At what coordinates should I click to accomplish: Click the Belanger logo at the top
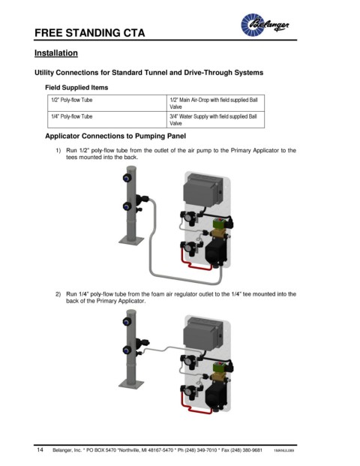coord(264,25)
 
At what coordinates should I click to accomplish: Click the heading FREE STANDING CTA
coord(90,33)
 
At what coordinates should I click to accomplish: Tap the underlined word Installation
coord(56,53)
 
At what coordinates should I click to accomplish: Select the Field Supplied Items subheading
coord(76,87)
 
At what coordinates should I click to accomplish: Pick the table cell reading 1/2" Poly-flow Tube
coord(107,103)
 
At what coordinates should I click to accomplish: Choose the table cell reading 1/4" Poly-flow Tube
coord(107,120)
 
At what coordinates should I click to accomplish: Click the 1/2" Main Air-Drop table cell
coord(216,103)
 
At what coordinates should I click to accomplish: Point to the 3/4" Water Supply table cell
coord(216,120)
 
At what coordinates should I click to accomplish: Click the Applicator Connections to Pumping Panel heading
coord(115,136)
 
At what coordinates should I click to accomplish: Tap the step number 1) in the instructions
coord(58,150)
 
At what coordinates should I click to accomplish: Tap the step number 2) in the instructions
coord(58,294)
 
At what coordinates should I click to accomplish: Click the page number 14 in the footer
coord(40,449)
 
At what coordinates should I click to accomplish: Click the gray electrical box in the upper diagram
coord(201,189)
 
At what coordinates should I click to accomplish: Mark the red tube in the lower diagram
coord(196,408)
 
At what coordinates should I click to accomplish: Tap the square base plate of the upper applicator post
coord(131,240)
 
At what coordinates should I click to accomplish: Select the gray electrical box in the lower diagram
coord(202,333)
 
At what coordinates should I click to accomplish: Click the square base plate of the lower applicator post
coord(131,384)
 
